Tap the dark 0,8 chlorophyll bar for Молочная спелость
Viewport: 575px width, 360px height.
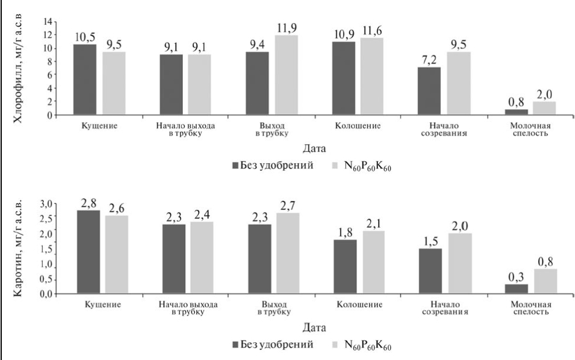[x=516, y=111]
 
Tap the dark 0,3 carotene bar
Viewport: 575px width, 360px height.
[x=516, y=289]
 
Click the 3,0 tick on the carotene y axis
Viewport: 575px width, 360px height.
[x=46, y=204]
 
